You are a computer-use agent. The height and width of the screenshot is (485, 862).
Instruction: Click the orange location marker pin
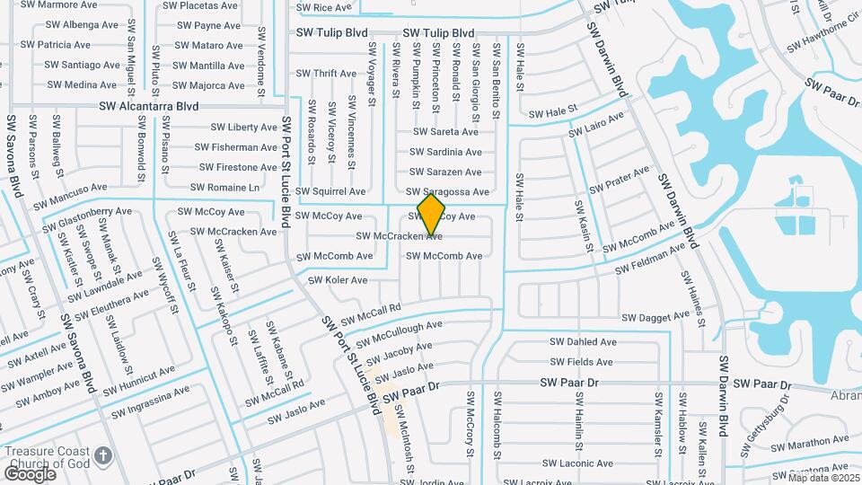432,215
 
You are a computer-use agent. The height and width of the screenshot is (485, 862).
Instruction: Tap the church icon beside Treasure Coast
104,455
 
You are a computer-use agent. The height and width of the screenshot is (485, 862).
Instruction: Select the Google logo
30,473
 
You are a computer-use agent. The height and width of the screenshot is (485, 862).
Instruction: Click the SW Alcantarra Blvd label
149,105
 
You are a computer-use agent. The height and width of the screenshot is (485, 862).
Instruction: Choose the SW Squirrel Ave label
330,191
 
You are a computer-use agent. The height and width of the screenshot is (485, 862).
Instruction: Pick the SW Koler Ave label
338,280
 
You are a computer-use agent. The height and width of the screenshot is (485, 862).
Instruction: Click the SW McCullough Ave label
399,335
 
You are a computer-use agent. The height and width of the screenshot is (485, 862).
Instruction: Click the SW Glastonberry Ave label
87,216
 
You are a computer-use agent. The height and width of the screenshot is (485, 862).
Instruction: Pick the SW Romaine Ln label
229,188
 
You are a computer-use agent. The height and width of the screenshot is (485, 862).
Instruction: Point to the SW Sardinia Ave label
445,152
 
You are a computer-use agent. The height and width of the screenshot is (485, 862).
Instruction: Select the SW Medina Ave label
82,85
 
